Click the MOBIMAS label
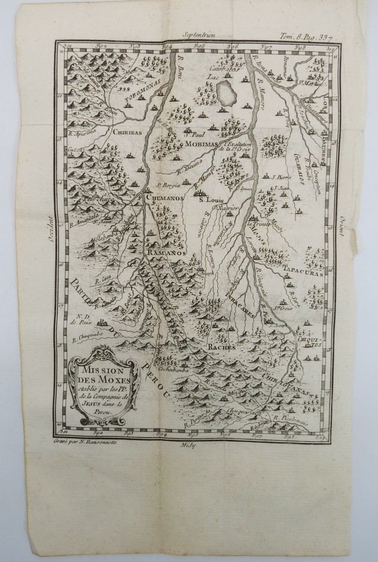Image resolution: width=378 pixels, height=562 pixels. point(202,143)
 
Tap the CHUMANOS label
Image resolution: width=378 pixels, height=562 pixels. point(165,199)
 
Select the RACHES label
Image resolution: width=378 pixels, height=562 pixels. point(219,348)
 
